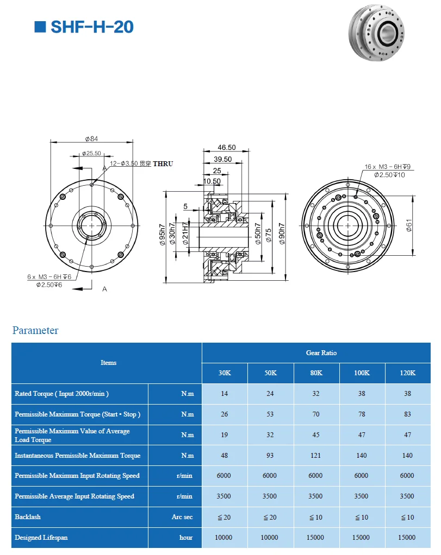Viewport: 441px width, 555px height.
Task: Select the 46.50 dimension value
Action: (x=227, y=147)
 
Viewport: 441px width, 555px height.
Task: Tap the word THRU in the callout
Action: (x=163, y=163)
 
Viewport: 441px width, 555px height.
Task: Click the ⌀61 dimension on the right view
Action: (x=409, y=224)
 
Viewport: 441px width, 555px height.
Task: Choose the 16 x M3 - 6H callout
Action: (x=386, y=167)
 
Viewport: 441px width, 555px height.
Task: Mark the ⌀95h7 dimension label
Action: (x=162, y=235)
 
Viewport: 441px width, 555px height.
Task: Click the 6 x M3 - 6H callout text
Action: (x=49, y=276)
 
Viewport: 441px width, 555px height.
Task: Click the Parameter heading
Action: (x=35, y=330)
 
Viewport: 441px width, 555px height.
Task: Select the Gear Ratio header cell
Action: (x=321, y=353)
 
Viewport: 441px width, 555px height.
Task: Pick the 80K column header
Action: (x=316, y=373)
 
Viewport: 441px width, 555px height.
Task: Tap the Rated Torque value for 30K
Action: (x=225, y=394)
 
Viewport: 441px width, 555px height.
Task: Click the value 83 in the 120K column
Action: (x=407, y=414)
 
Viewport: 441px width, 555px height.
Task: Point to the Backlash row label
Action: (x=28, y=517)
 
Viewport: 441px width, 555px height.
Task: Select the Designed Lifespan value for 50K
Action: (x=270, y=538)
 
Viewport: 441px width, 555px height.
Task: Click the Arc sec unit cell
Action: (x=182, y=517)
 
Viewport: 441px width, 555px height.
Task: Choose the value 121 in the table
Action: (x=316, y=456)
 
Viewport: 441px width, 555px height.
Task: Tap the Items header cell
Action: (x=108, y=363)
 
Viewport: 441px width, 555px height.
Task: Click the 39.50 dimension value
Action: (x=223, y=159)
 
